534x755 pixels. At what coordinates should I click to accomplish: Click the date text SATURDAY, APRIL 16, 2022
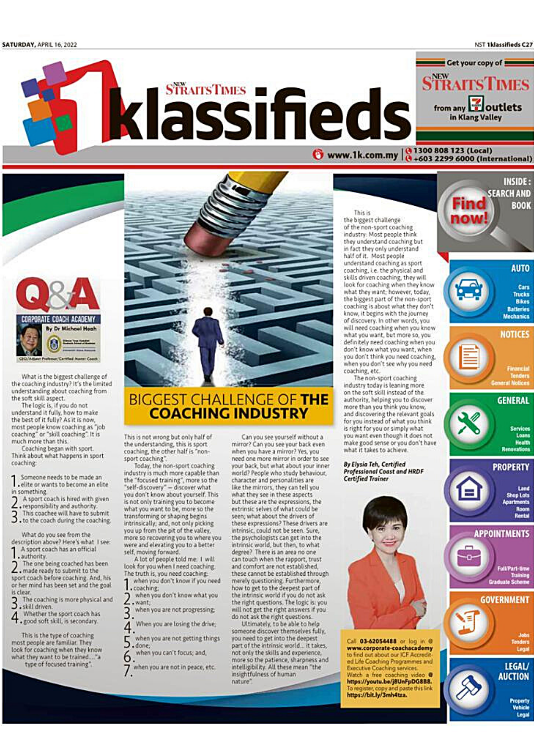39,45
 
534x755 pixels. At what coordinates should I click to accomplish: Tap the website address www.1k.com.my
362,155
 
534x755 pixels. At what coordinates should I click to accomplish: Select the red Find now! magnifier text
469,211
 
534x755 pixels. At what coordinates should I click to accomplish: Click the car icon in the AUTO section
469,290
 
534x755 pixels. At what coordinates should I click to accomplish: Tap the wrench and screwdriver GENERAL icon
468,423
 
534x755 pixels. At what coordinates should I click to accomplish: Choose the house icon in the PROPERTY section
468,490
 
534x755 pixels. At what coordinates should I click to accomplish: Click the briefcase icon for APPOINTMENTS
468,556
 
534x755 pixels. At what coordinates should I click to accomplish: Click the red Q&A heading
57,295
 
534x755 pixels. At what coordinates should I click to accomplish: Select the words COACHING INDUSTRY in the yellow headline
228,413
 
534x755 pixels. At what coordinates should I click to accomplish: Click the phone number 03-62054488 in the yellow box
378,641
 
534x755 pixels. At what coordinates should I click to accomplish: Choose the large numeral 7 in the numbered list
128,671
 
